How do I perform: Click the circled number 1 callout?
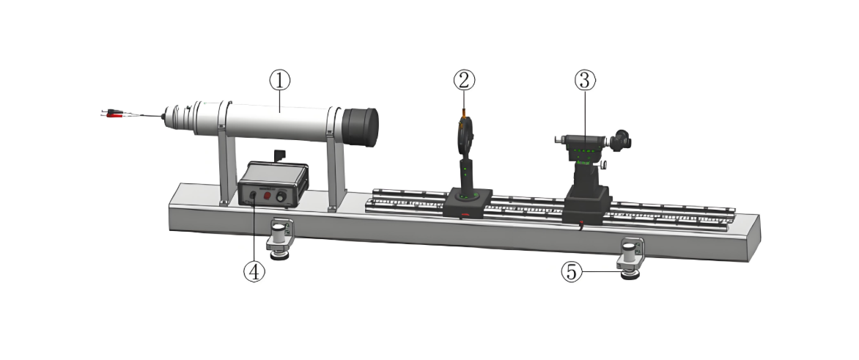click(x=279, y=81)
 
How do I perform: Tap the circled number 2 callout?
click(x=464, y=81)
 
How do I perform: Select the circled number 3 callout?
click(x=585, y=80)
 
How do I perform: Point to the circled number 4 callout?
click(x=254, y=271)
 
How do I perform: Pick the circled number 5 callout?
click(x=572, y=272)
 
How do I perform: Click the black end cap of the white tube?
click(x=361, y=127)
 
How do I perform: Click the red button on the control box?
click(x=267, y=196)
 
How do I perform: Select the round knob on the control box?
click(x=281, y=197)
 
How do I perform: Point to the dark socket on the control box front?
click(x=253, y=194)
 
